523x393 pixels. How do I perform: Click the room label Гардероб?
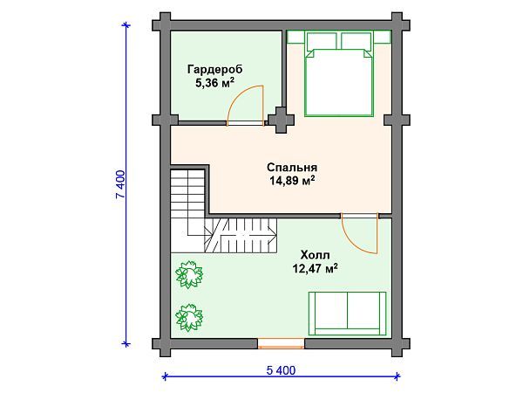pyautogui.click(x=214, y=69)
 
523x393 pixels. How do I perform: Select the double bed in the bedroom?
pyautogui.click(x=340, y=79)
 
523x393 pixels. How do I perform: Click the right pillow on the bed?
pyautogui.click(x=357, y=42)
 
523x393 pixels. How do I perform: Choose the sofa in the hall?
pyautogui.click(x=347, y=312)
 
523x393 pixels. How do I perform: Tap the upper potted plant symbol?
pyautogui.click(x=187, y=274)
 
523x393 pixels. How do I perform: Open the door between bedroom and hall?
pyautogui.click(x=357, y=231)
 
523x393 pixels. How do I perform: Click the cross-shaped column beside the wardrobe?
pyautogui.click(x=282, y=120)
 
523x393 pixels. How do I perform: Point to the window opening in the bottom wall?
pyautogui.click(x=282, y=341)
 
